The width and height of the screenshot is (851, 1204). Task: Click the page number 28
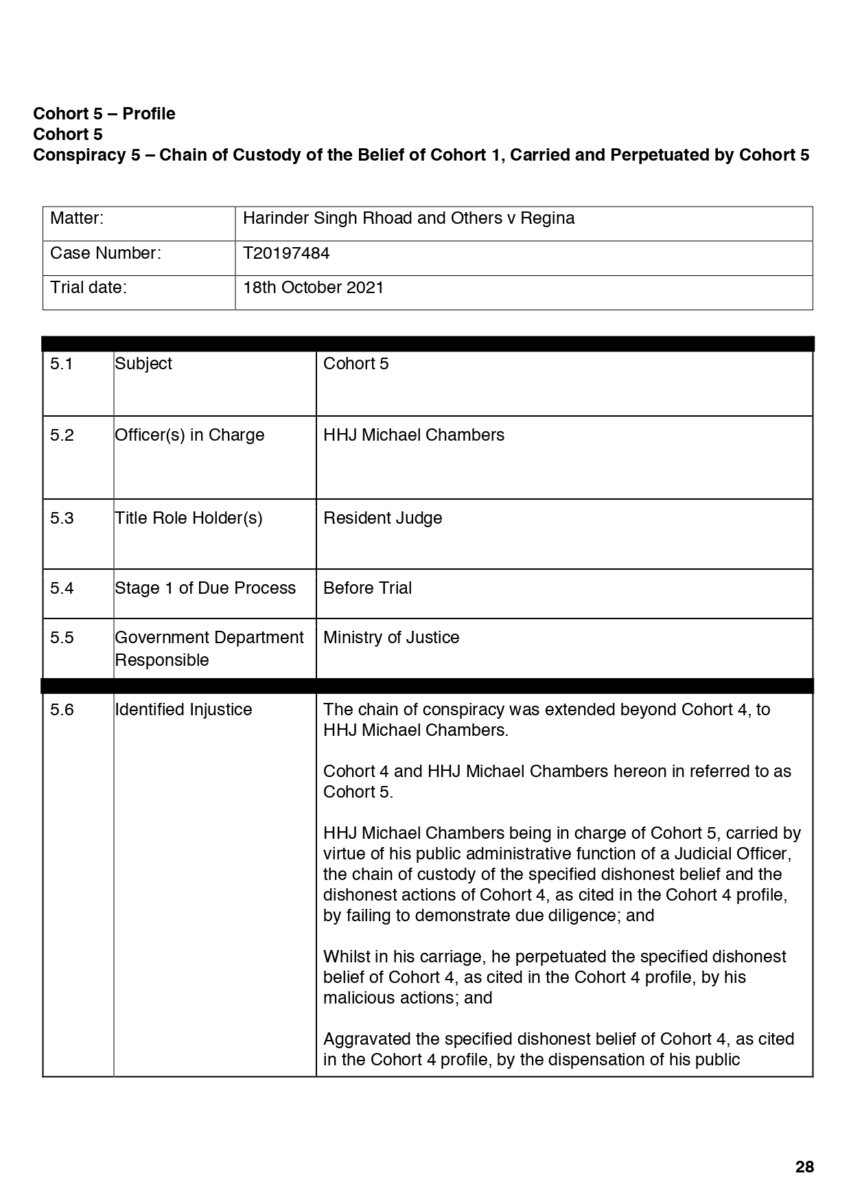[x=804, y=1166]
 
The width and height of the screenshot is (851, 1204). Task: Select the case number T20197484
[x=286, y=253]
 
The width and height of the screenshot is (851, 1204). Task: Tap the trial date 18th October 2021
[x=313, y=288]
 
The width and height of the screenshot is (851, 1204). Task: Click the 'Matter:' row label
[x=77, y=218]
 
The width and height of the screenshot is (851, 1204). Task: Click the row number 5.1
[x=61, y=364]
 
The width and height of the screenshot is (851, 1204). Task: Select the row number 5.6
[x=61, y=710]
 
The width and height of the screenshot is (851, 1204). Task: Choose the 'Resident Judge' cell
[x=382, y=518]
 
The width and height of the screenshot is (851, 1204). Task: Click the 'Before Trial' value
[x=367, y=588]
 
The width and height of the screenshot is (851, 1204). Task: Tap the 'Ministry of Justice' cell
[x=390, y=638]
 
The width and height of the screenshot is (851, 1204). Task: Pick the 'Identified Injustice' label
[x=183, y=710]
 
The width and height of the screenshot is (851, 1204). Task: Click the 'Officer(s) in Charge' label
[x=189, y=435]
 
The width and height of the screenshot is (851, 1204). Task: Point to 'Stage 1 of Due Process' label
[x=205, y=588]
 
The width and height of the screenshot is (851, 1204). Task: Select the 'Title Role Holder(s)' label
[x=188, y=518]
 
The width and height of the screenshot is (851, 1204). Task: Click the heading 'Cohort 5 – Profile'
[x=104, y=114]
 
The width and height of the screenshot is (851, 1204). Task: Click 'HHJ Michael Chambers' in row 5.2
[x=413, y=435]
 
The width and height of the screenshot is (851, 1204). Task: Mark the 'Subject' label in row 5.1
[x=143, y=364]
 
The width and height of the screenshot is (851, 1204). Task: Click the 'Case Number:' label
[x=105, y=253]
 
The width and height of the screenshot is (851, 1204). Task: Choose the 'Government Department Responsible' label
[x=209, y=649]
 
